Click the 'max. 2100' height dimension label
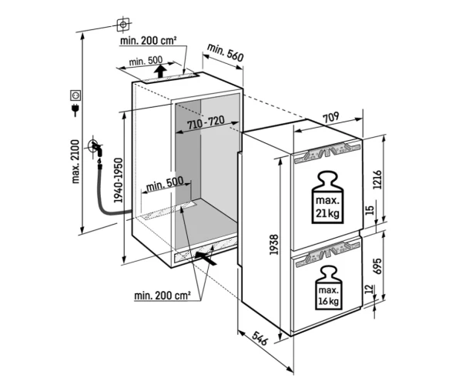click(x=76, y=162)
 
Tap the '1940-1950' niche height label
click(x=118, y=180)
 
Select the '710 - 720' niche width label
click(x=206, y=123)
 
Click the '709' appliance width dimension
click(x=331, y=118)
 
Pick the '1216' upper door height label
click(x=377, y=179)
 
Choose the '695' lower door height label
click(x=377, y=266)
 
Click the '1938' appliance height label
click(x=273, y=245)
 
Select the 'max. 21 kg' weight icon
click(x=328, y=197)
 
